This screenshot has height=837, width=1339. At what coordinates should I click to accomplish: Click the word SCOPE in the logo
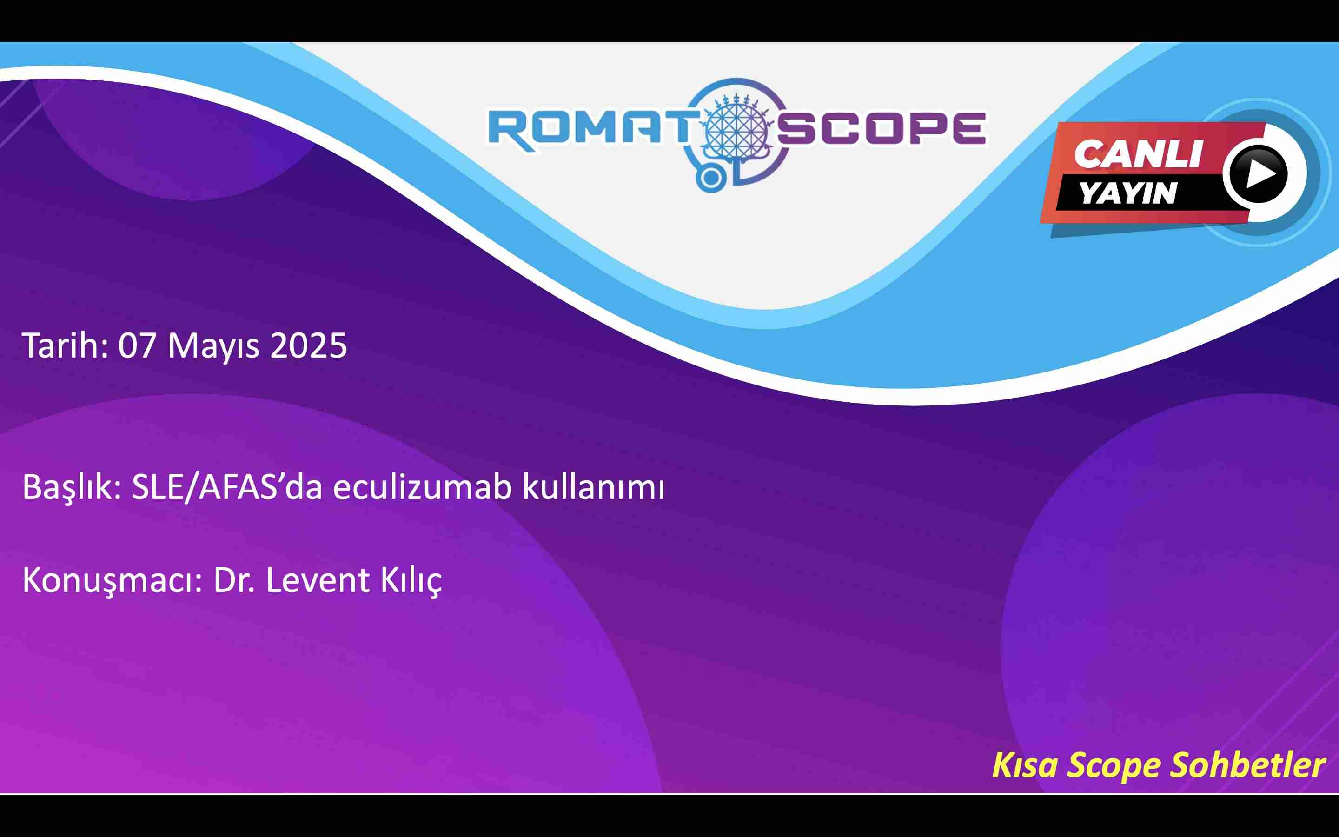[x=881, y=128]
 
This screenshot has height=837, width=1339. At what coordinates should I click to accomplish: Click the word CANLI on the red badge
[x=1138, y=153]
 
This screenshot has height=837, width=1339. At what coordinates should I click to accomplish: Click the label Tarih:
[x=65, y=345]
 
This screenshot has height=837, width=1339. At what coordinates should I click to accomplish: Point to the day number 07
[x=136, y=345]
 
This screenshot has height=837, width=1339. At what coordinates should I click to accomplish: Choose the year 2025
[x=308, y=345]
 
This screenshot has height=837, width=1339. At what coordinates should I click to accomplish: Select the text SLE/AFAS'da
[x=227, y=488]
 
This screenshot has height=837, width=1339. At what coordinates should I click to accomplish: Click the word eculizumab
[x=422, y=487]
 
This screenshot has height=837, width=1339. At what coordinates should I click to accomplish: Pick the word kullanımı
[x=593, y=487]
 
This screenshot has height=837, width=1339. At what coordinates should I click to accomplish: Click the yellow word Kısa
[x=1025, y=765]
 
